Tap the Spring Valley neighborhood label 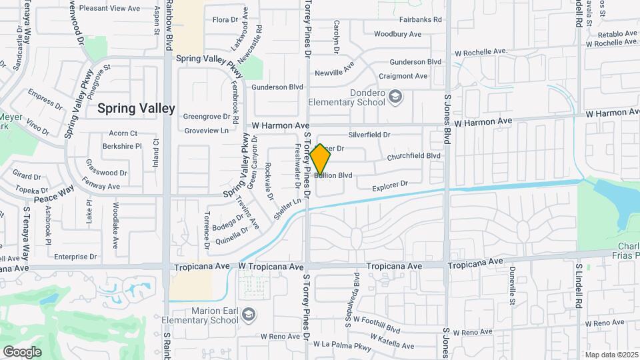(136, 108)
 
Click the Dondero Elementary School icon (395, 98)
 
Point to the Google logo (22, 351)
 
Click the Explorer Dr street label (389, 185)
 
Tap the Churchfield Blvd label (414, 156)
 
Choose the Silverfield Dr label (369, 135)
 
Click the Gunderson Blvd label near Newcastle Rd (277, 87)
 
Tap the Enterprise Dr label (75, 257)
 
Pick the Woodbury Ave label (397, 34)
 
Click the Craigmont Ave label (403, 76)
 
